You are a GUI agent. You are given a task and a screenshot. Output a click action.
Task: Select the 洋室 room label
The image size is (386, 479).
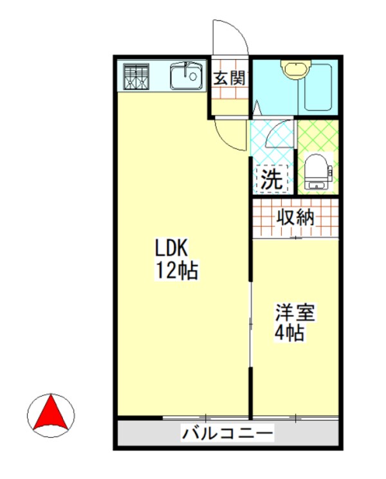click(295, 314)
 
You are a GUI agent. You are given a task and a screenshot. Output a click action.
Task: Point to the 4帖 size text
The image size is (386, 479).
click(290, 334)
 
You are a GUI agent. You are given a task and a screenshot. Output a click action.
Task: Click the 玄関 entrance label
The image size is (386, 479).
click(229, 78)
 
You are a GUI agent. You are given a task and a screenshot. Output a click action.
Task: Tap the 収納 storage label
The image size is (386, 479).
click(295, 217)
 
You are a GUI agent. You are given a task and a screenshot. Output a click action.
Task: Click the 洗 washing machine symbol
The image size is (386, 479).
click(271, 179)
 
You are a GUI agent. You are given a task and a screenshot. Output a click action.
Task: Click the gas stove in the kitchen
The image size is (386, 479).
click(136, 78)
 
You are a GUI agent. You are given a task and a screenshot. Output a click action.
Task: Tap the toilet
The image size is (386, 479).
click(316, 171)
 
